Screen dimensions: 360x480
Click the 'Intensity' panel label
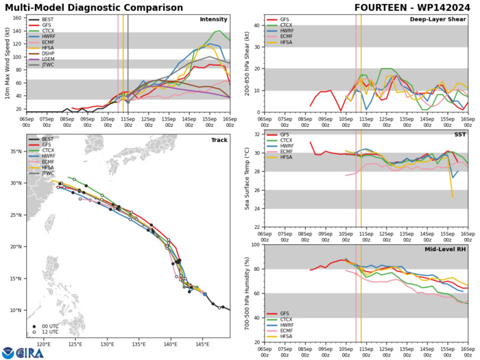(x=232, y=19)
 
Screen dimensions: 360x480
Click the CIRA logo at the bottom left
(x=23, y=352)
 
